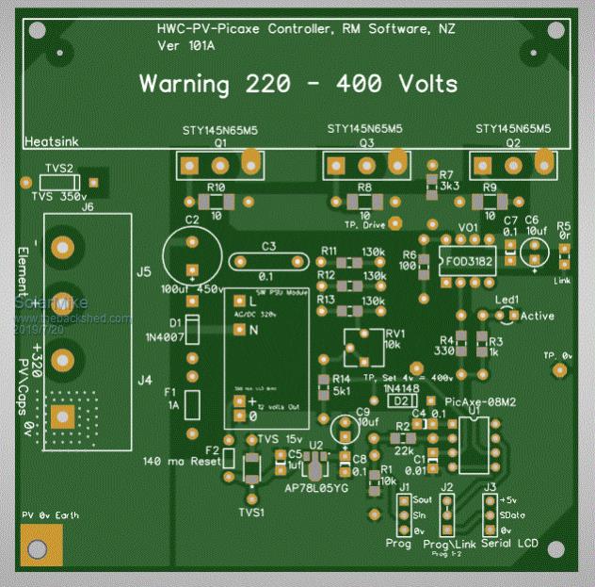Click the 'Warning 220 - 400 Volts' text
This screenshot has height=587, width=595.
click(x=298, y=83)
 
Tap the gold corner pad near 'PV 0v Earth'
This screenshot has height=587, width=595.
click(x=38, y=547)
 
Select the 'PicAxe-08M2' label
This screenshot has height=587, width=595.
click(x=482, y=402)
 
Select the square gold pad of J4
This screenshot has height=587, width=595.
click(x=63, y=416)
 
